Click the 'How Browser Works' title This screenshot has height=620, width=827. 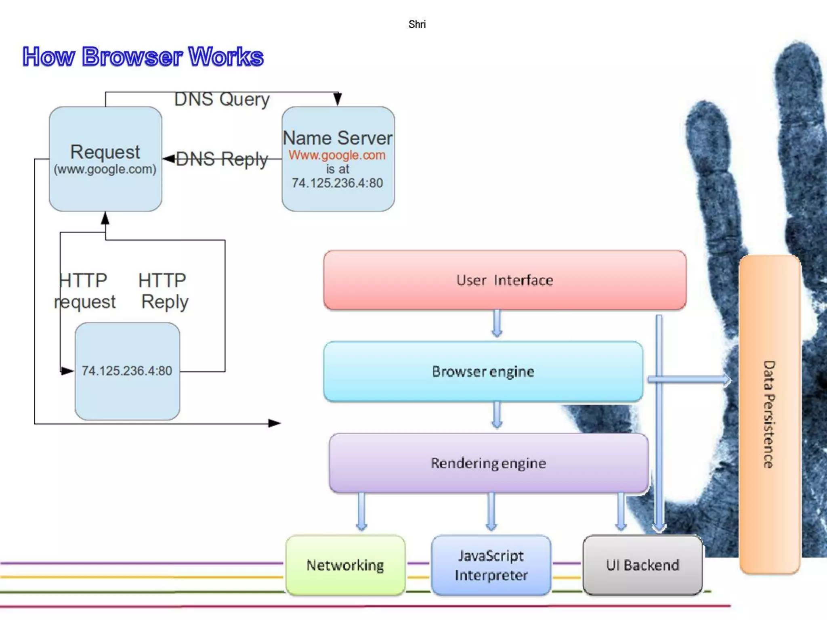tap(143, 57)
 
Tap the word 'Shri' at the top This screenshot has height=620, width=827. tap(417, 25)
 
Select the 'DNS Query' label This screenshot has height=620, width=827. tap(222, 99)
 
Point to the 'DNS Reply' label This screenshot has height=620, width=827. tap(222, 159)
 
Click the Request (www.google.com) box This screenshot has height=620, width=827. tap(105, 159)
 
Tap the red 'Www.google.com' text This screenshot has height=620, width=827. tap(337, 155)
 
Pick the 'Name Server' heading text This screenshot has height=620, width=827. tap(338, 138)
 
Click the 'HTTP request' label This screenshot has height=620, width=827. tap(84, 291)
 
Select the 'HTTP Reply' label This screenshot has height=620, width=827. tap(164, 291)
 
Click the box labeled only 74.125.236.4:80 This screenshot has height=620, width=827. tap(127, 371)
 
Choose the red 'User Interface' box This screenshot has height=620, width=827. tap(505, 280)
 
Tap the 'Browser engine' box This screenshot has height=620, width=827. tap(483, 371)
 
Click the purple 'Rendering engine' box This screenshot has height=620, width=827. tap(489, 463)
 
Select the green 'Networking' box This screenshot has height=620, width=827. tap(345, 565)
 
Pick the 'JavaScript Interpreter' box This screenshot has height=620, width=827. tap(491, 565)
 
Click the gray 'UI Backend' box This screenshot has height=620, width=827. tap(642, 565)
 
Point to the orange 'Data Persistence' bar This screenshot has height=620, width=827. tap(769, 414)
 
